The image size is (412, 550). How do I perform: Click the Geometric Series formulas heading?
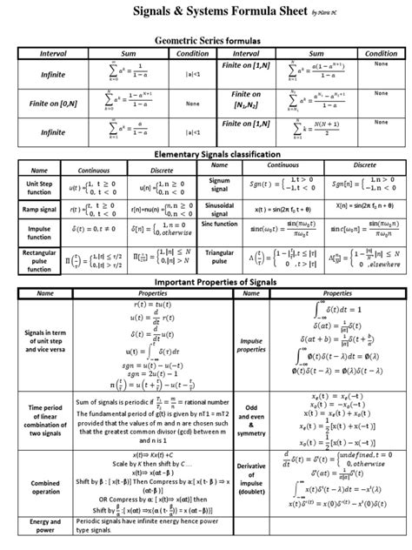[206, 40]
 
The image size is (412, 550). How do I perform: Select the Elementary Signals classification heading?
[206, 154]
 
